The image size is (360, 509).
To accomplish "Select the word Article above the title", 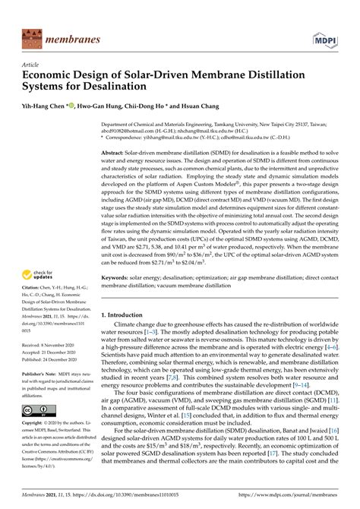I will click(32, 66).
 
